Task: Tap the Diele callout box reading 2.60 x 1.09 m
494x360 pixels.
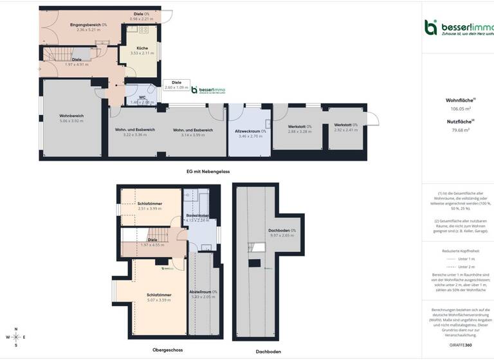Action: tap(177, 84)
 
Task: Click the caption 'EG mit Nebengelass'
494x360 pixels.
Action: tap(203, 172)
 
